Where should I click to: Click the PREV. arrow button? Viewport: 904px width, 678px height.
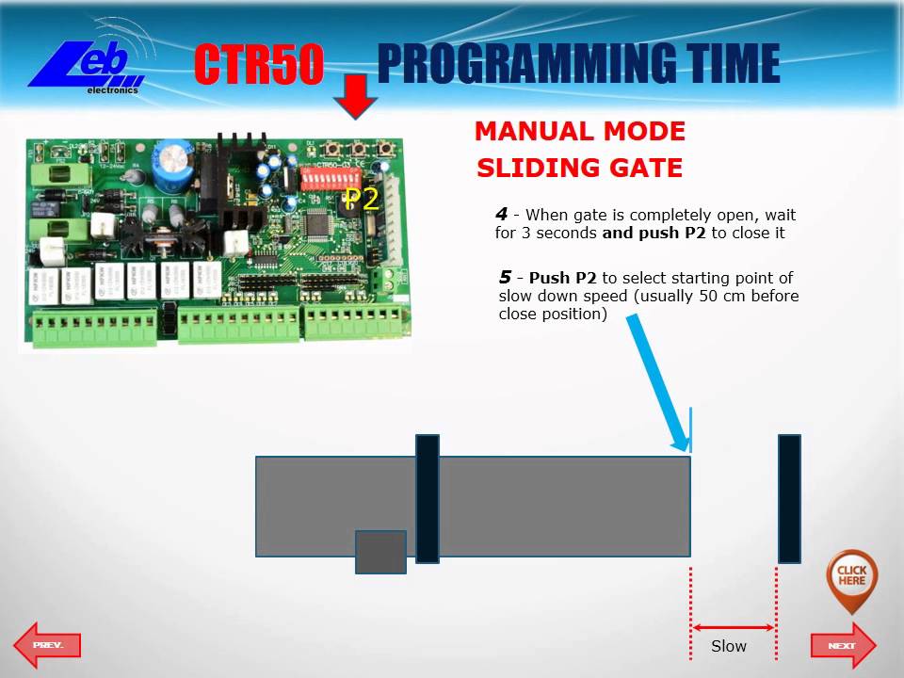coord(47,645)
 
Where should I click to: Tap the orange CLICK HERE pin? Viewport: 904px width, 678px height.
coord(851,576)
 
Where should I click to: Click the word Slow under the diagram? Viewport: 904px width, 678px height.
coord(728,646)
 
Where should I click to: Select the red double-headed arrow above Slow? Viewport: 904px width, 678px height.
coord(734,627)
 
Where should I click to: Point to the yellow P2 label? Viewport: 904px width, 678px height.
coord(361,199)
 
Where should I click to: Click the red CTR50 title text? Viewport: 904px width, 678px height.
coord(259,65)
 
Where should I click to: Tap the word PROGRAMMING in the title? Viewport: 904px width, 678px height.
coord(525,65)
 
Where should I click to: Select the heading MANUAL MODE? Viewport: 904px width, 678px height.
coord(579,132)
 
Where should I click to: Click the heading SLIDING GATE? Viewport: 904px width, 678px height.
coord(579,169)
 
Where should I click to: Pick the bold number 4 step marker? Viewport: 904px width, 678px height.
coord(501,214)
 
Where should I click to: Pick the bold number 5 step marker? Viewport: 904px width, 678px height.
coord(506,277)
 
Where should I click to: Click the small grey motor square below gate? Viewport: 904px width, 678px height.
coord(380,552)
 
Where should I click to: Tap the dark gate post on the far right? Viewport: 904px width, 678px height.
coord(789,498)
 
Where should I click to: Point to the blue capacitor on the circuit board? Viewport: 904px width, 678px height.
coord(175,156)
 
